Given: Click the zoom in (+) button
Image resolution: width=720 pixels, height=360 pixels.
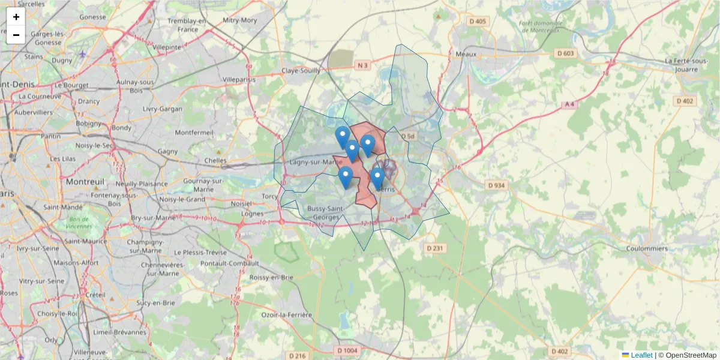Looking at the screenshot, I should coord(16,17).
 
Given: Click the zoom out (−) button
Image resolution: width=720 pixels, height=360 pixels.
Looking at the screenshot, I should coord(16,35).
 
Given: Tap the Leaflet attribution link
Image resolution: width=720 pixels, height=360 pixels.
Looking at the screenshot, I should coord(641,355).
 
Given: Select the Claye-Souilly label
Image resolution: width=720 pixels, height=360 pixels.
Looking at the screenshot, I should coord(301,70).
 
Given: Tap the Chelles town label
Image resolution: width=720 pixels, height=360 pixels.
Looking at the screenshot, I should coord(215,161).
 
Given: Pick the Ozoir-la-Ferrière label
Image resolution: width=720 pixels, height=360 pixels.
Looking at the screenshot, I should coord(287,315).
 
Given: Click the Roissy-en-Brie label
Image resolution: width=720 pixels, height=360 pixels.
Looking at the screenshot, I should coord(274,277).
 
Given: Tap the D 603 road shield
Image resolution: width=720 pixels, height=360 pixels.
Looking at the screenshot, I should coord(565,53).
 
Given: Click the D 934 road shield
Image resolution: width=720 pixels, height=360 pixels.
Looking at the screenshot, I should coord(497,185).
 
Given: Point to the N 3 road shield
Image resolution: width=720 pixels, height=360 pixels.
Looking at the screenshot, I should coord(362,65).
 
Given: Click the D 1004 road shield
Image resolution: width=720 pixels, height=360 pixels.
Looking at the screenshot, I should coord(347,350).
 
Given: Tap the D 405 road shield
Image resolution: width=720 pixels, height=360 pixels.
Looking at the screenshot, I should coord(478,22).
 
